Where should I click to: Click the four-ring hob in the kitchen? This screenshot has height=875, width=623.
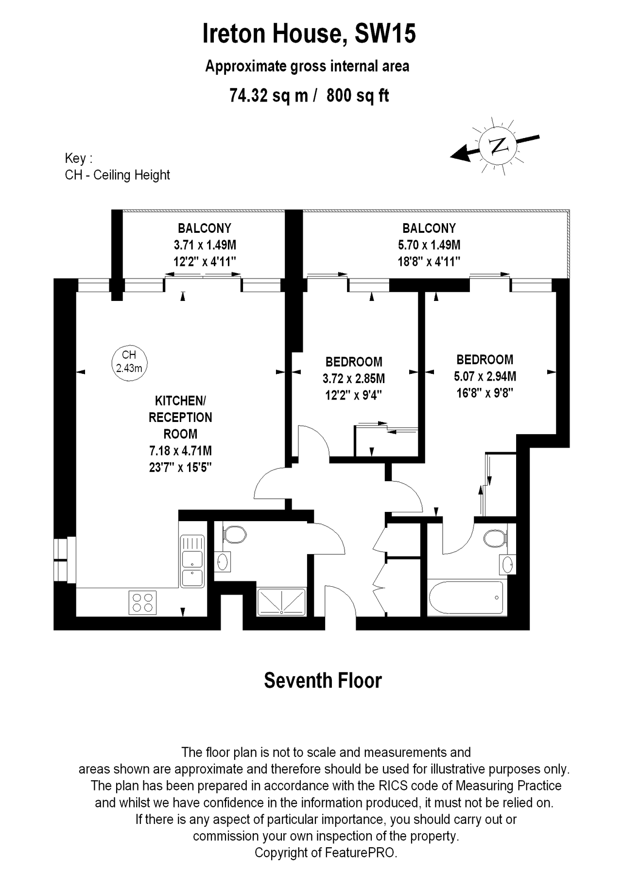pos(143,602)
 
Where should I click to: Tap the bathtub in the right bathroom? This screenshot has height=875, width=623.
pos(466,597)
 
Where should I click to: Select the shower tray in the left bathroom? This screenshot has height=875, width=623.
pos(281,601)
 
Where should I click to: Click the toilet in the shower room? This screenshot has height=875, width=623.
pos(235,534)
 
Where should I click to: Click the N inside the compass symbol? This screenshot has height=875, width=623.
pos(497,145)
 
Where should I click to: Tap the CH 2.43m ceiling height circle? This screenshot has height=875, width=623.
pos(129,362)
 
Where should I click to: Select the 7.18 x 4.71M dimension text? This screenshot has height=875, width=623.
pos(180,451)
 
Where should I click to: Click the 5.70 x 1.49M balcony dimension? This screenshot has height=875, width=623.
pos(429,245)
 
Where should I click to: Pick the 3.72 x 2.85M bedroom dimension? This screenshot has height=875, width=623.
pos(354,378)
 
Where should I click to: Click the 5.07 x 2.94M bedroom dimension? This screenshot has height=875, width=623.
pos(485,376)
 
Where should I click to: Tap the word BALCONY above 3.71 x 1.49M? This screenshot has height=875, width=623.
pos(205,228)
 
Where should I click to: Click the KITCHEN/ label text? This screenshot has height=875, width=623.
pos(180,401)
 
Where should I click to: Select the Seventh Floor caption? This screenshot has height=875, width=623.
pos(323,681)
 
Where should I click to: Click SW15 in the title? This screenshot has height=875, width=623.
pos(385,34)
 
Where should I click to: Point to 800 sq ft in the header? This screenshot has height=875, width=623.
pos(358,95)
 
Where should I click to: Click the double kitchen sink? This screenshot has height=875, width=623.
pos(192,561)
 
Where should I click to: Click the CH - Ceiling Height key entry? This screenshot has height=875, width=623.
pos(118,175)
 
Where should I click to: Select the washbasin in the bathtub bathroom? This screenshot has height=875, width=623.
pos(507,564)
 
